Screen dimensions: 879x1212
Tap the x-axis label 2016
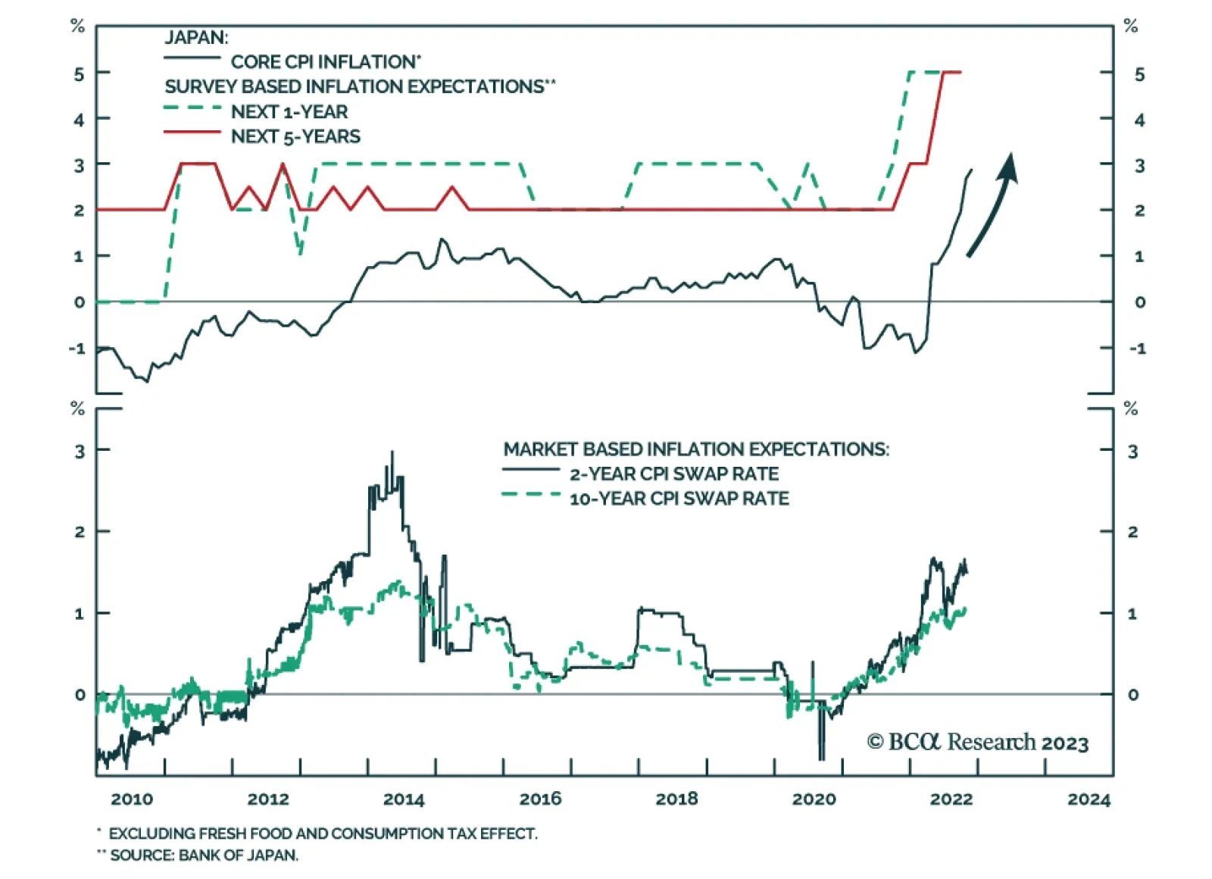540,799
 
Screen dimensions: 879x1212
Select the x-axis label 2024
1088,799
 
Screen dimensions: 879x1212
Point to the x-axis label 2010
131,799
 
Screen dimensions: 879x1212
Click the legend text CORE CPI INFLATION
325,61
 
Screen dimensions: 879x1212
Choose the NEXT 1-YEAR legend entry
289,111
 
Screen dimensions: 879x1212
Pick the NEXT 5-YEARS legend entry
295,136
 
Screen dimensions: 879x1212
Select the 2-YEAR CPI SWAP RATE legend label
673,474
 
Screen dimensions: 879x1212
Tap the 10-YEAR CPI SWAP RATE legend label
679,499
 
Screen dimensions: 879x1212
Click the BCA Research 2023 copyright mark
977,742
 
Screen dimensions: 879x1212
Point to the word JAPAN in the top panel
196,37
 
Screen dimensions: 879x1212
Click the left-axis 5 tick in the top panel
79,74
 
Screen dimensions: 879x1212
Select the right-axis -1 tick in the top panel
1137,349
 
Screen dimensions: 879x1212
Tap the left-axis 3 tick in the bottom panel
79,452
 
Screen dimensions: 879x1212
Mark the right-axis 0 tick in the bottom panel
1132,694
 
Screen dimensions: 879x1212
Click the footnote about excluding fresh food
322,834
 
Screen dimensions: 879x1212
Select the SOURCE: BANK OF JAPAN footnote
204,856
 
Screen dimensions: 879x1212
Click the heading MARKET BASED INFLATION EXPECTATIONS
696,449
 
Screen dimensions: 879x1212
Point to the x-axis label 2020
814,799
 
